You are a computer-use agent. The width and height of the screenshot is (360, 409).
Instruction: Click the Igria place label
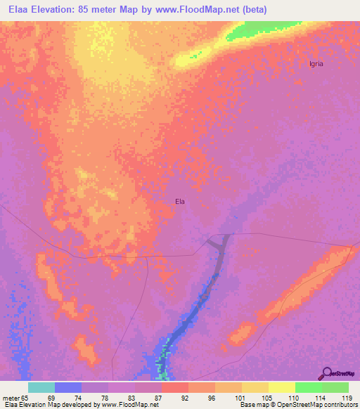[x=316, y=63]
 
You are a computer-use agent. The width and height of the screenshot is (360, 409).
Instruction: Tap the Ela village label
[x=180, y=202]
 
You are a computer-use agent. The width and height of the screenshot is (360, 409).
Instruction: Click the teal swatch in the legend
[x=41, y=387]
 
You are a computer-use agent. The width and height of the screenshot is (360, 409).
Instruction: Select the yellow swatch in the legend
[x=281, y=387]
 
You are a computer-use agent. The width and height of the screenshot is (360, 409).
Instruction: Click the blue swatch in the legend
[x=68, y=387]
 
